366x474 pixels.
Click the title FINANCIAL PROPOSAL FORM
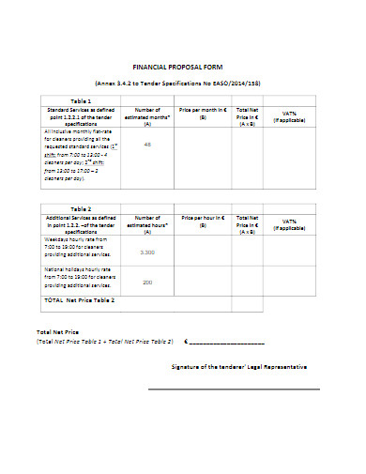pyautogui.click(x=183, y=69)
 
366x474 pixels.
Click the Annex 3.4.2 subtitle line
pyautogui.click(x=183, y=84)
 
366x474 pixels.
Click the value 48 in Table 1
pyautogui.click(x=147, y=145)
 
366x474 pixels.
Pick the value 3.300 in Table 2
pyautogui.click(x=147, y=252)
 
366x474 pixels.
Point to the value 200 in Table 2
pyautogui.click(x=147, y=283)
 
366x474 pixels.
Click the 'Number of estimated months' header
pyautogui.click(x=147, y=115)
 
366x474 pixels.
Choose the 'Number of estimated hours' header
pyautogui.click(x=147, y=222)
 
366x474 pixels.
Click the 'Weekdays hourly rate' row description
pyautogui.click(x=77, y=248)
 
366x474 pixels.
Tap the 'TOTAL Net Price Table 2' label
pyautogui.click(x=80, y=300)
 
